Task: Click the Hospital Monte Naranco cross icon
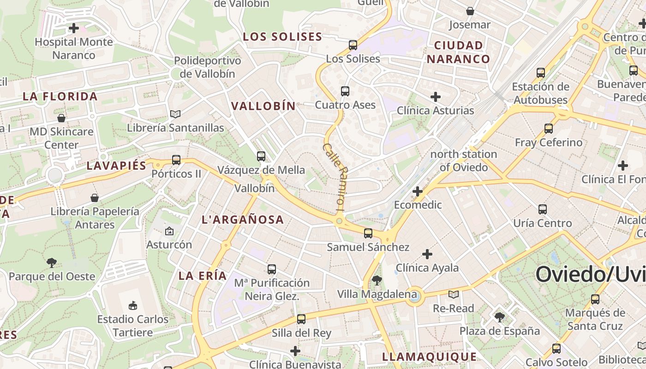[x=73, y=28]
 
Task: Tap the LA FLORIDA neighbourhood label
[x=60, y=96]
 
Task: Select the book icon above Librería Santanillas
[x=175, y=114]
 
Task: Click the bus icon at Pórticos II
[x=176, y=160]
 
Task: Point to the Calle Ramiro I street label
[x=334, y=177]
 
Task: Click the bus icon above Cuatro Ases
[x=345, y=91]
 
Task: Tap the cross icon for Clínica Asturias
[x=435, y=97]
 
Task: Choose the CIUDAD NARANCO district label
[x=458, y=52]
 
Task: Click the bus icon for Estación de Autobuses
[x=540, y=72]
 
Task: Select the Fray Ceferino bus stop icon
[x=549, y=129]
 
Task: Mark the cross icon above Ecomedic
[x=418, y=191]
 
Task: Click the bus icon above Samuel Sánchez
[x=368, y=233]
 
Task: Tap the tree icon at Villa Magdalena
[x=377, y=280]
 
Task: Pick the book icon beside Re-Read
[x=454, y=294]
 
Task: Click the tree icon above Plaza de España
[x=499, y=317]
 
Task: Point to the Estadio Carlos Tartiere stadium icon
[x=133, y=305]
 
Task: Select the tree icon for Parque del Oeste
[x=52, y=263]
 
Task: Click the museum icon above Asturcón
[x=169, y=231]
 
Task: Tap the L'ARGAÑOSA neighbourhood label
[x=243, y=220]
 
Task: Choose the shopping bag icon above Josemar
[x=470, y=11]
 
